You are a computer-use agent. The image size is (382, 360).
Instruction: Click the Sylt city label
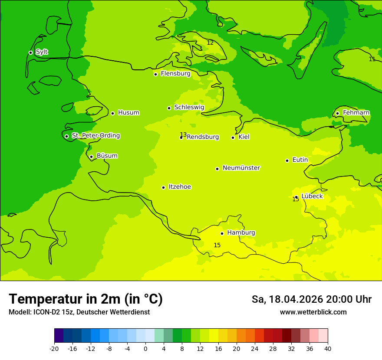pyautogui.click(x=42, y=52)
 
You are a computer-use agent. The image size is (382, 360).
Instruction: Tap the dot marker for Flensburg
pyautogui.click(x=155, y=74)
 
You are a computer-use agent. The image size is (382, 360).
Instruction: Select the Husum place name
pyautogui.click(x=128, y=113)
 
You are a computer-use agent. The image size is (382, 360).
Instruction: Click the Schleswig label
pyautogui.click(x=189, y=107)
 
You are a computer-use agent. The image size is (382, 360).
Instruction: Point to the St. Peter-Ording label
pyautogui.click(x=95, y=136)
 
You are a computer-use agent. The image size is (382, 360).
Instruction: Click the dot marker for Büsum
pyautogui.click(x=91, y=157)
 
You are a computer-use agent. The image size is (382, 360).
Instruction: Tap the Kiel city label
pyautogui.click(x=244, y=137)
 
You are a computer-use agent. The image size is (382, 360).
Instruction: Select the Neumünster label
pyautogui.click(x=241, y=168)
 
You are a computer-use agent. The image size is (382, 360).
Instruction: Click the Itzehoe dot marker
pyautogui.click(x=163, y=187)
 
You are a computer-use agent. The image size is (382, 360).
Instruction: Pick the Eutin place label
pyautogui.click(x=300, y=160)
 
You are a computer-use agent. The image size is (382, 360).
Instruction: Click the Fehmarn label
pyautogui.click(x=356, y=113)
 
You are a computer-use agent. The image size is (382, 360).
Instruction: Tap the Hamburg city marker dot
pyautogui.click(x=222, y=233)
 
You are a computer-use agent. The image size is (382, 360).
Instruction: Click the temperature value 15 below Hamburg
pyautogui.click(x=217, y=245)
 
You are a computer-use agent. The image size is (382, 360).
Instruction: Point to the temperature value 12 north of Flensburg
pyautogui.click(x=210, y=43)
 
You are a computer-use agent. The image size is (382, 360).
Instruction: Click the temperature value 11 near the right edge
pyautogui.click(x=372, y=59)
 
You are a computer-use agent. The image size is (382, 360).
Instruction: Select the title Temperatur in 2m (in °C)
pyautogui.click(x=86, y=299)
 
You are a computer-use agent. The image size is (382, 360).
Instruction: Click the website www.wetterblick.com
pyautogui.click(x=313, y=312)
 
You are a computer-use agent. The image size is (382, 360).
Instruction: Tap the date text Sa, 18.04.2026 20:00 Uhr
pyautogui.click(x=311, y=299)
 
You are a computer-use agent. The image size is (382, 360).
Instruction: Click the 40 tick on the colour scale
pyautogui.click(x=327, y=349)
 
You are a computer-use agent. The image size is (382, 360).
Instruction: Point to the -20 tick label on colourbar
pyautogui.click(x=54, y=349)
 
